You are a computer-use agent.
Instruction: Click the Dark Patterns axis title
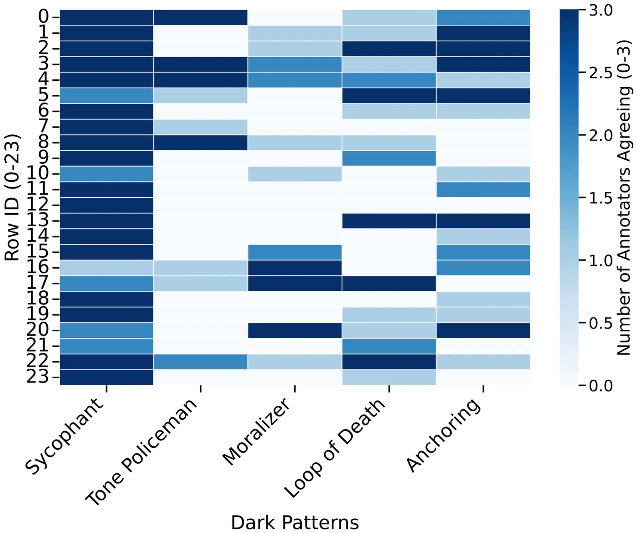tap(295, 522)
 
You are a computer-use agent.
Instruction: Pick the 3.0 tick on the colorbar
tap(601, 11)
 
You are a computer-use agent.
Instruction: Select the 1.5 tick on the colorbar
tap(601, 198)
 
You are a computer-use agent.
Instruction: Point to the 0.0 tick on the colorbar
tap(601, 385)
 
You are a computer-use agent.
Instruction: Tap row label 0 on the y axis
tap(43, 17)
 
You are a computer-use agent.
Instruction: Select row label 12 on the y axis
tap(38, 205)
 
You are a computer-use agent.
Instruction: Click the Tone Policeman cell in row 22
tap(201, 362)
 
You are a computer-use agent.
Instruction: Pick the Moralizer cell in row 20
tap(295, 330)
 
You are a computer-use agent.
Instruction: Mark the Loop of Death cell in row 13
tap(389, 221)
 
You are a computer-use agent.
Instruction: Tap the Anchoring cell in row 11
tap(483, 189)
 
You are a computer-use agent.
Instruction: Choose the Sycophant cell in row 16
tap(107, 268)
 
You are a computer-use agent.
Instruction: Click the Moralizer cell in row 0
tap(295, 17)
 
